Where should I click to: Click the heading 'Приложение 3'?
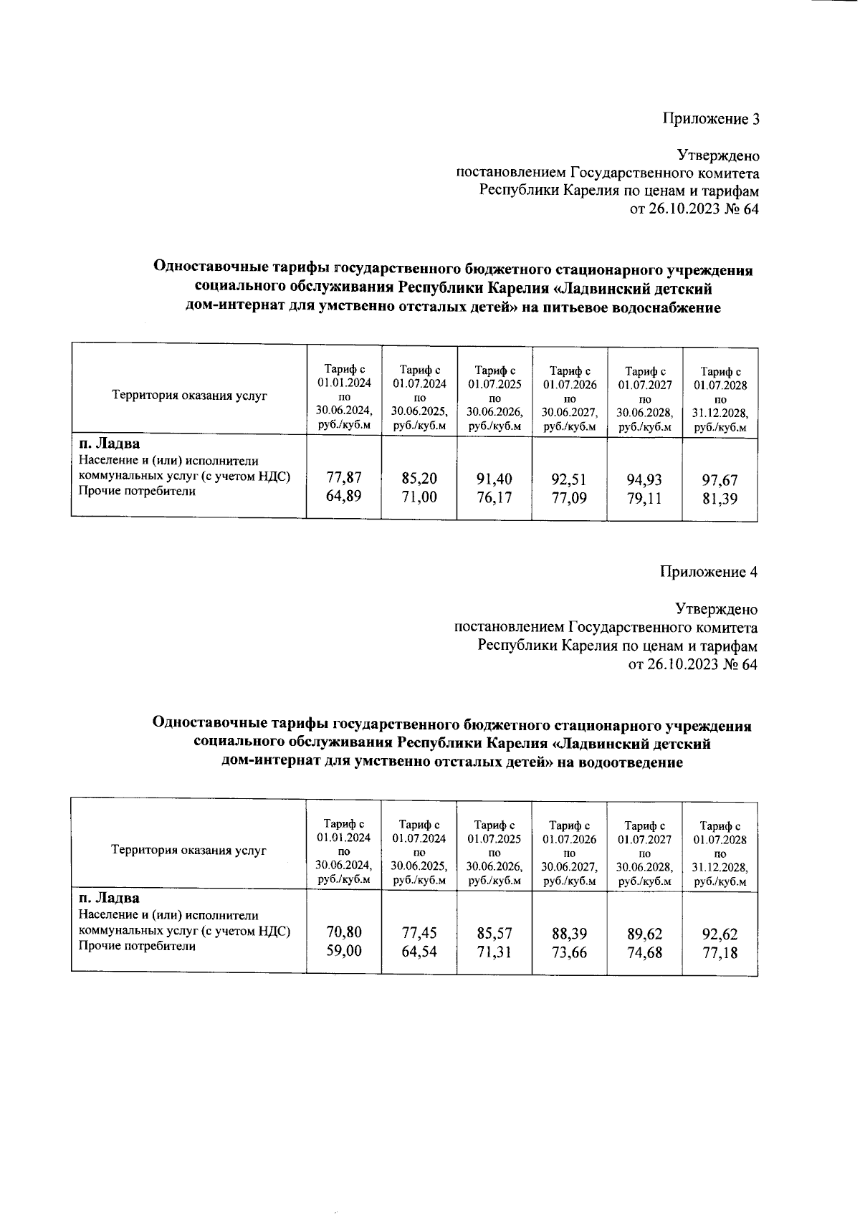[x=709, y=118]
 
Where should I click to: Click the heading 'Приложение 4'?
[x=708, y=572]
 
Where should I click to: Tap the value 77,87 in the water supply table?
[x=344, y=477]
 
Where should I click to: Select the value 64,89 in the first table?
[x=344, y=496]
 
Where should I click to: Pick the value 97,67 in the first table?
[x=720, y=480]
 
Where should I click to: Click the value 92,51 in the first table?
[x=569, y=479]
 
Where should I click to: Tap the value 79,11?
[x=644, y=498]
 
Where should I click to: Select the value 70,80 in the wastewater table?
[x=344, y=932]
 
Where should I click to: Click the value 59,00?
[x=344, y=951]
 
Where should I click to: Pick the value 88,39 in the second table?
[x=569, y=934]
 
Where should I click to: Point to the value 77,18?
[x=720, y=953]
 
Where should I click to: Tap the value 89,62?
[x=644, y=934]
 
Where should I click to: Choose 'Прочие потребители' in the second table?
[x=136, y=946]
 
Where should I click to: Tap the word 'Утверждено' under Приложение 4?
[x=717, y=609]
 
